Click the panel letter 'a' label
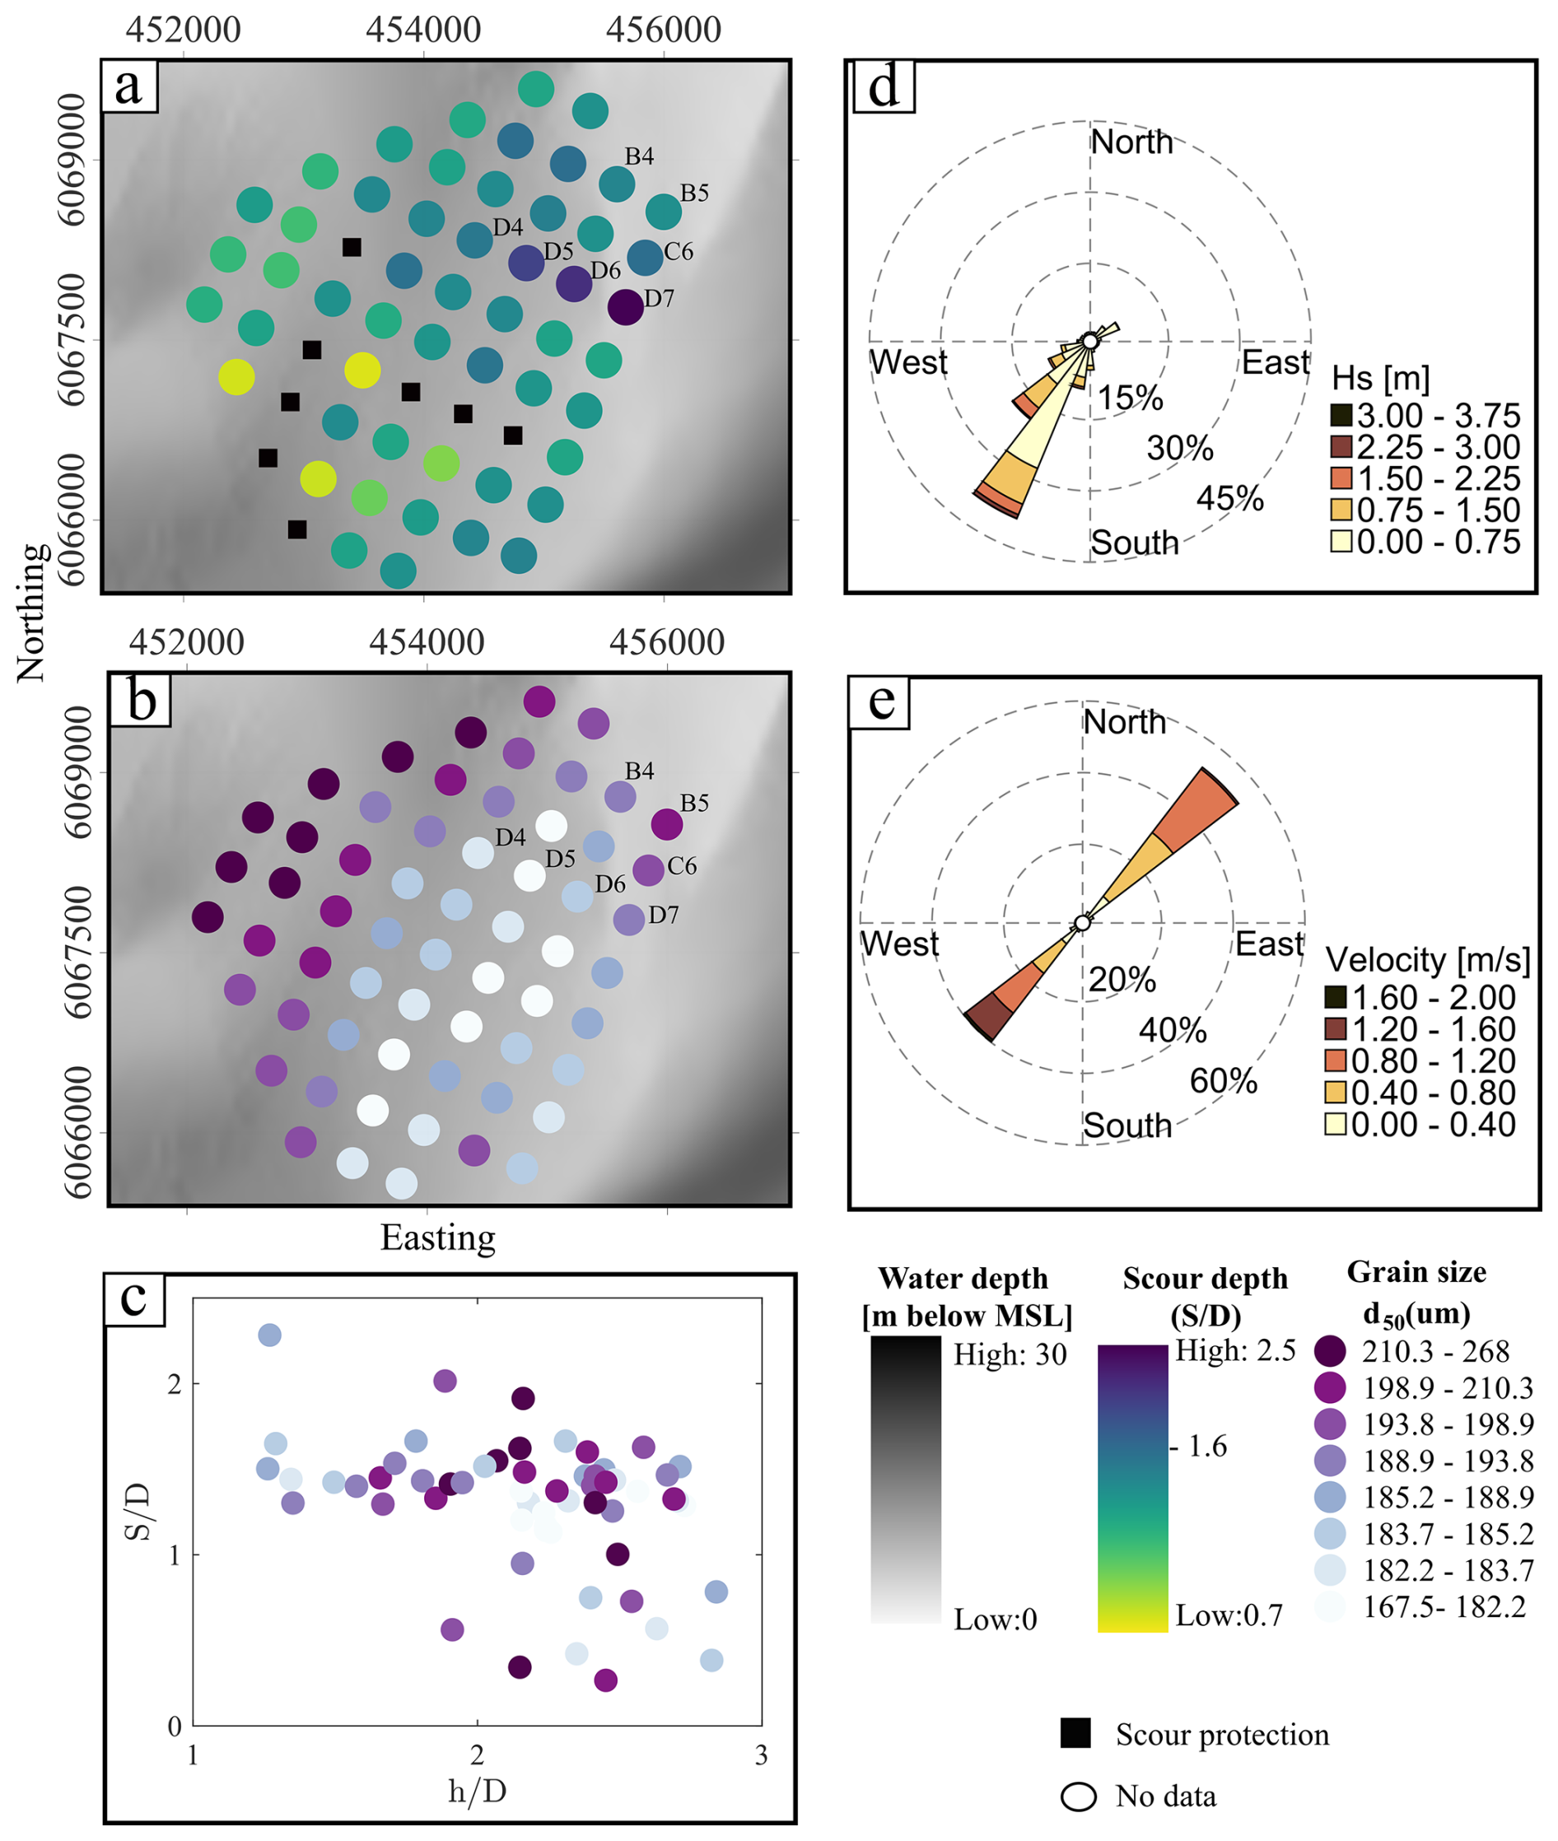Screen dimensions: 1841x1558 click(x=129, y=86)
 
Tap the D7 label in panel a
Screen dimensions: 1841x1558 click(x=659, y=298)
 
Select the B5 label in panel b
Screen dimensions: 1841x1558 click(x=694, y=803)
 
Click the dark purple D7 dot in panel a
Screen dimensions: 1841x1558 click(x=625, y=307)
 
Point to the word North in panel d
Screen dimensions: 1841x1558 click(x=1131, y=142)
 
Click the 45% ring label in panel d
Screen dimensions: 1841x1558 click(x=1229, y=499)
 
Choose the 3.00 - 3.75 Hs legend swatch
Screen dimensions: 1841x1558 click(x=1341, y=415)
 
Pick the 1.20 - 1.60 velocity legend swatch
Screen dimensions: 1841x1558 click(x=1336, y=1028)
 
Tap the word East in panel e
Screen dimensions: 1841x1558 click(x=1269, y=944)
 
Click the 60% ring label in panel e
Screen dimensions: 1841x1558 click(x=1223, y=1081)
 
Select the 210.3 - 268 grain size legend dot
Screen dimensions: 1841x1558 click(x=1330, y=1350)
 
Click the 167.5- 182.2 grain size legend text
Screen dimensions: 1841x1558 click(x=1444, y=1607)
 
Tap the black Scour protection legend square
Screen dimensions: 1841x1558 click(x=1075, y=1733)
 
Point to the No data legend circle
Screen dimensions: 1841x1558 click(x=1079, y=1796)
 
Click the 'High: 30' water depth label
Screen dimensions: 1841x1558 click(x=1010, y=1354)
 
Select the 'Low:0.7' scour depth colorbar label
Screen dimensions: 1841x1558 click(x=1229, y=1615)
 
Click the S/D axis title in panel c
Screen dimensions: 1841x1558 click(x=138, y=1512)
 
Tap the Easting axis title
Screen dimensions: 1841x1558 click(x=438, y=1238)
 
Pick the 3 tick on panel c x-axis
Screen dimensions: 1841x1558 click(x=762, y=1755)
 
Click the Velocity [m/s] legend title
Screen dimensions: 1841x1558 click(x=1428, y=960)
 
